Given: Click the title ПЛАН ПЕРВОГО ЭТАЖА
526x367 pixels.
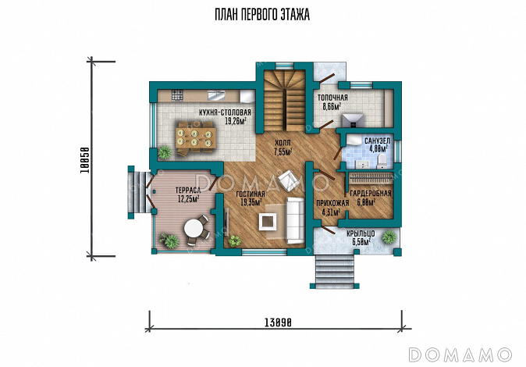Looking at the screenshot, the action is (x=262, y=15).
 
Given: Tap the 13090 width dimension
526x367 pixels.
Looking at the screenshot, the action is (x=278, y=322).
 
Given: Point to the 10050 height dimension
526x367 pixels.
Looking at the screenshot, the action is (x=85, y=161).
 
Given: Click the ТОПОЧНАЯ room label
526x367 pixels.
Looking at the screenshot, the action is (x=332, y=98).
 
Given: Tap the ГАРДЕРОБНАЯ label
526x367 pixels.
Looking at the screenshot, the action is (x=371, y=194).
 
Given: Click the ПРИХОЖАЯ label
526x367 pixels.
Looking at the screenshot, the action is (x=332, y=203).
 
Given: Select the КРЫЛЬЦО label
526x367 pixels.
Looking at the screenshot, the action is (x=361, y=233).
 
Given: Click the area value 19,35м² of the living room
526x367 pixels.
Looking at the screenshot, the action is (x=251, y=201).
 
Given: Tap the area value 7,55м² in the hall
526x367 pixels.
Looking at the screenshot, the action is (x=283, y=152).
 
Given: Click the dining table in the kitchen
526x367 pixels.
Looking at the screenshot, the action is (x=195, y=138).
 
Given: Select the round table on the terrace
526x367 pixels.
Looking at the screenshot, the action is (x=194, y=229).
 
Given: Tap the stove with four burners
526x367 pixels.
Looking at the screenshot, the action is (x=177, y=95).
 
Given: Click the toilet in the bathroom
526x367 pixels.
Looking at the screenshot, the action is (x=382, y=162).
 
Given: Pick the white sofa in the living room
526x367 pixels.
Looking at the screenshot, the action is (x=295, y=220).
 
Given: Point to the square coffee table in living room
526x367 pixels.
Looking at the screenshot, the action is (x=268, y=222).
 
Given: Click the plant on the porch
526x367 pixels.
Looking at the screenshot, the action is (x=389, y=237).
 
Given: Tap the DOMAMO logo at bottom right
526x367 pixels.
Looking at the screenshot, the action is (x=460, y=355).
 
